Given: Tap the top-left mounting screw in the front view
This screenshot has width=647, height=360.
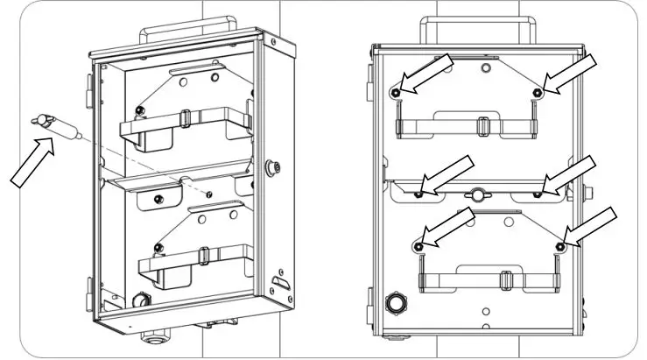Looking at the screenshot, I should pyautogui.click(x=397, y=92).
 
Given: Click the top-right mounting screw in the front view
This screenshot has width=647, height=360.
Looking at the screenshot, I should pyautogui.click(x=538, y=92).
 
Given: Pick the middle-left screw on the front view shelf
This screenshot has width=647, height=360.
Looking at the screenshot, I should pyautogui.click(x=419, y=191).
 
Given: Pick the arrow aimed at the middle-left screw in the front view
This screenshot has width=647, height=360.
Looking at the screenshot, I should pyautogui.click(x=447, y=174).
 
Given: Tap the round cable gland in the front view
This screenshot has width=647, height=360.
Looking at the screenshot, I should pyautogui.click(x=395, y=304).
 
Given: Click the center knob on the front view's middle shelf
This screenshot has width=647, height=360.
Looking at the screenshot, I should pyautogui.click(x=477, y=194).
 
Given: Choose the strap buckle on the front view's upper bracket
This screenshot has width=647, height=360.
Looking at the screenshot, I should pyautogui.click(x=481, y=124).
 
